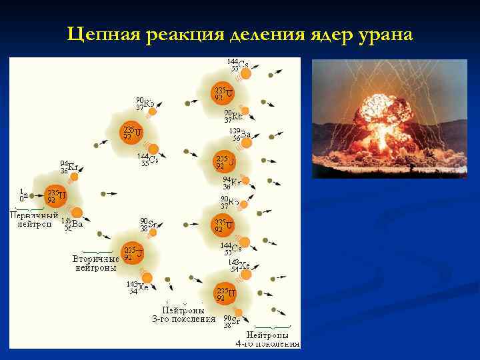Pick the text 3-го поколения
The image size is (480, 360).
coord(183,319)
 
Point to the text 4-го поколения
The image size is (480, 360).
coord(267,344)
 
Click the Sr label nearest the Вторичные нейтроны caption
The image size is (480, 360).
coord(148,225)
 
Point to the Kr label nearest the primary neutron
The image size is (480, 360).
coord(68,167)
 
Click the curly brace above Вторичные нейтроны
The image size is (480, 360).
coord(95,251)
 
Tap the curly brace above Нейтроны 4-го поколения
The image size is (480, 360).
coord(267,327)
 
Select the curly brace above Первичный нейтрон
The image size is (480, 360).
coord(27,209)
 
